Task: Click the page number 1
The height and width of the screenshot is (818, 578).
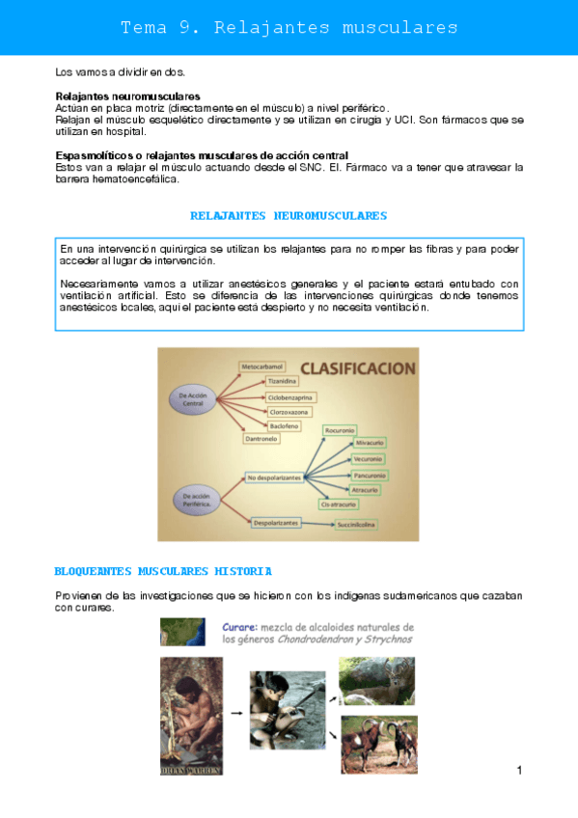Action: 519,770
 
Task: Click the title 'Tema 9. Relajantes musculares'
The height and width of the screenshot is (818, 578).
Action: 289,27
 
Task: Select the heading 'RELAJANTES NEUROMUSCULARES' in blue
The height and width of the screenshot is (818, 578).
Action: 289,215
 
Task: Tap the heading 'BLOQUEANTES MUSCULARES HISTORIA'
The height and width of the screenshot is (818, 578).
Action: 163,571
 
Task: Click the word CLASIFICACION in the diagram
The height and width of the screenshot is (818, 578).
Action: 356,368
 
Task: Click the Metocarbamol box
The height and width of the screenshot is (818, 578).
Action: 263,367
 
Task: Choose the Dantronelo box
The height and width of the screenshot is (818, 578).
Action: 261,438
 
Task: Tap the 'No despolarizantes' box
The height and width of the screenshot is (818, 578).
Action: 274,477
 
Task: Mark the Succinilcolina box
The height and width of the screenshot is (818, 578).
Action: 356,524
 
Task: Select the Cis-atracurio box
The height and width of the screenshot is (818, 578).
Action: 341,504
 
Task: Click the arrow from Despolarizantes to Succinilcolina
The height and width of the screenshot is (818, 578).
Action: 317,523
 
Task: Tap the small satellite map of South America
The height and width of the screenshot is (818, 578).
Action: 182,632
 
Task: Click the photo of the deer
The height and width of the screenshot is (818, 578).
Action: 376,681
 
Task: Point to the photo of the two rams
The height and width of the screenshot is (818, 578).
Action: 376,745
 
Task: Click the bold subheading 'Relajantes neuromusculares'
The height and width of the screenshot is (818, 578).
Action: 128,96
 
